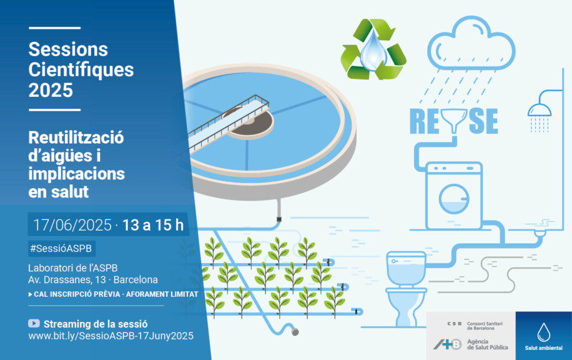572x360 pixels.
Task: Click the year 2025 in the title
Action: (x=51, y=90)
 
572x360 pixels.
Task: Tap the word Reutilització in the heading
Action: (x=76, y=137)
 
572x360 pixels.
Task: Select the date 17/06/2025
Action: (x=72, y=225)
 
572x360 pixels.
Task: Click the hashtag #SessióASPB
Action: (x=61, y=249)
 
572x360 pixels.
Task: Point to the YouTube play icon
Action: (x=34, y=323)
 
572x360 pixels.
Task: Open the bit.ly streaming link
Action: (x=111, y=336)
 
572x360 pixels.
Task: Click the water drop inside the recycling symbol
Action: (x=373, y=50)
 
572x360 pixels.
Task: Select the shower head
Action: (x=539, y=110)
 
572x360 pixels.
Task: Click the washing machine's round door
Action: (x=454, y=199)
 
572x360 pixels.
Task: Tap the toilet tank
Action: (x=406, y=268)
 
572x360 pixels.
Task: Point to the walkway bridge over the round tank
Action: (x=229, y=122)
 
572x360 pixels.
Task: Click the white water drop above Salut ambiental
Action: (x=543, y=332)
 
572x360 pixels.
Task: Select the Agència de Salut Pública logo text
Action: (x=487, y=344)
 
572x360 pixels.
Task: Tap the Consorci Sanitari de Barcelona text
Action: (x=485, y=326)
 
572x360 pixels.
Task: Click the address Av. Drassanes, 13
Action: (x=67, y=280)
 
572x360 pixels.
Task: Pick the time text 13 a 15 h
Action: (x=153, y=225)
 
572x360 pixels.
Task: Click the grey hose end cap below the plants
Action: (x=295, y=332)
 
